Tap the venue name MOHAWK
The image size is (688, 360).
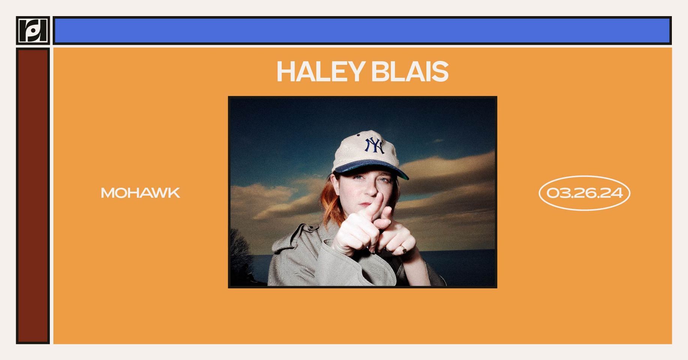point(140,193)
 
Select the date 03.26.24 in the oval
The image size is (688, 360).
point(584,193)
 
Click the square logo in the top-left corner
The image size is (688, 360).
point(33,30)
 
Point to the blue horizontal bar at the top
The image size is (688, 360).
point(362,31)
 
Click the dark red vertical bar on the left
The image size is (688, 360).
point(33,196)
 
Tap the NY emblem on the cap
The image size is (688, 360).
point(375,145)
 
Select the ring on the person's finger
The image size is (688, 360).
point(403,248)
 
